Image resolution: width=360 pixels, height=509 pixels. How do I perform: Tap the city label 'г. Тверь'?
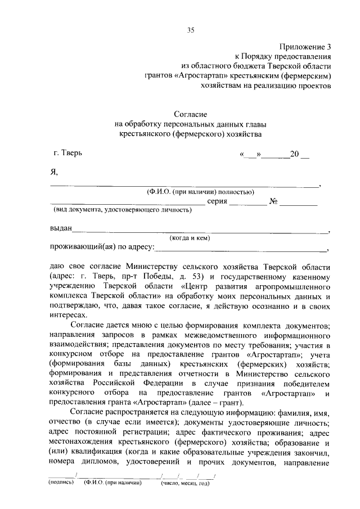tap(68, 152)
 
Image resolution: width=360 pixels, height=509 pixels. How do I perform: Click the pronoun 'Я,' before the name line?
tap(55, 173)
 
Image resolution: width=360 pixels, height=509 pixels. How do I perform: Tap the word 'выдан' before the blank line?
tap(61, 228)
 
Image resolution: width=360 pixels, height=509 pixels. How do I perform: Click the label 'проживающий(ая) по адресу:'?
tap(102, 247)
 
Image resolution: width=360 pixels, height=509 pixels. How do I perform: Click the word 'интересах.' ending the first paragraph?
tap(69, 316)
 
